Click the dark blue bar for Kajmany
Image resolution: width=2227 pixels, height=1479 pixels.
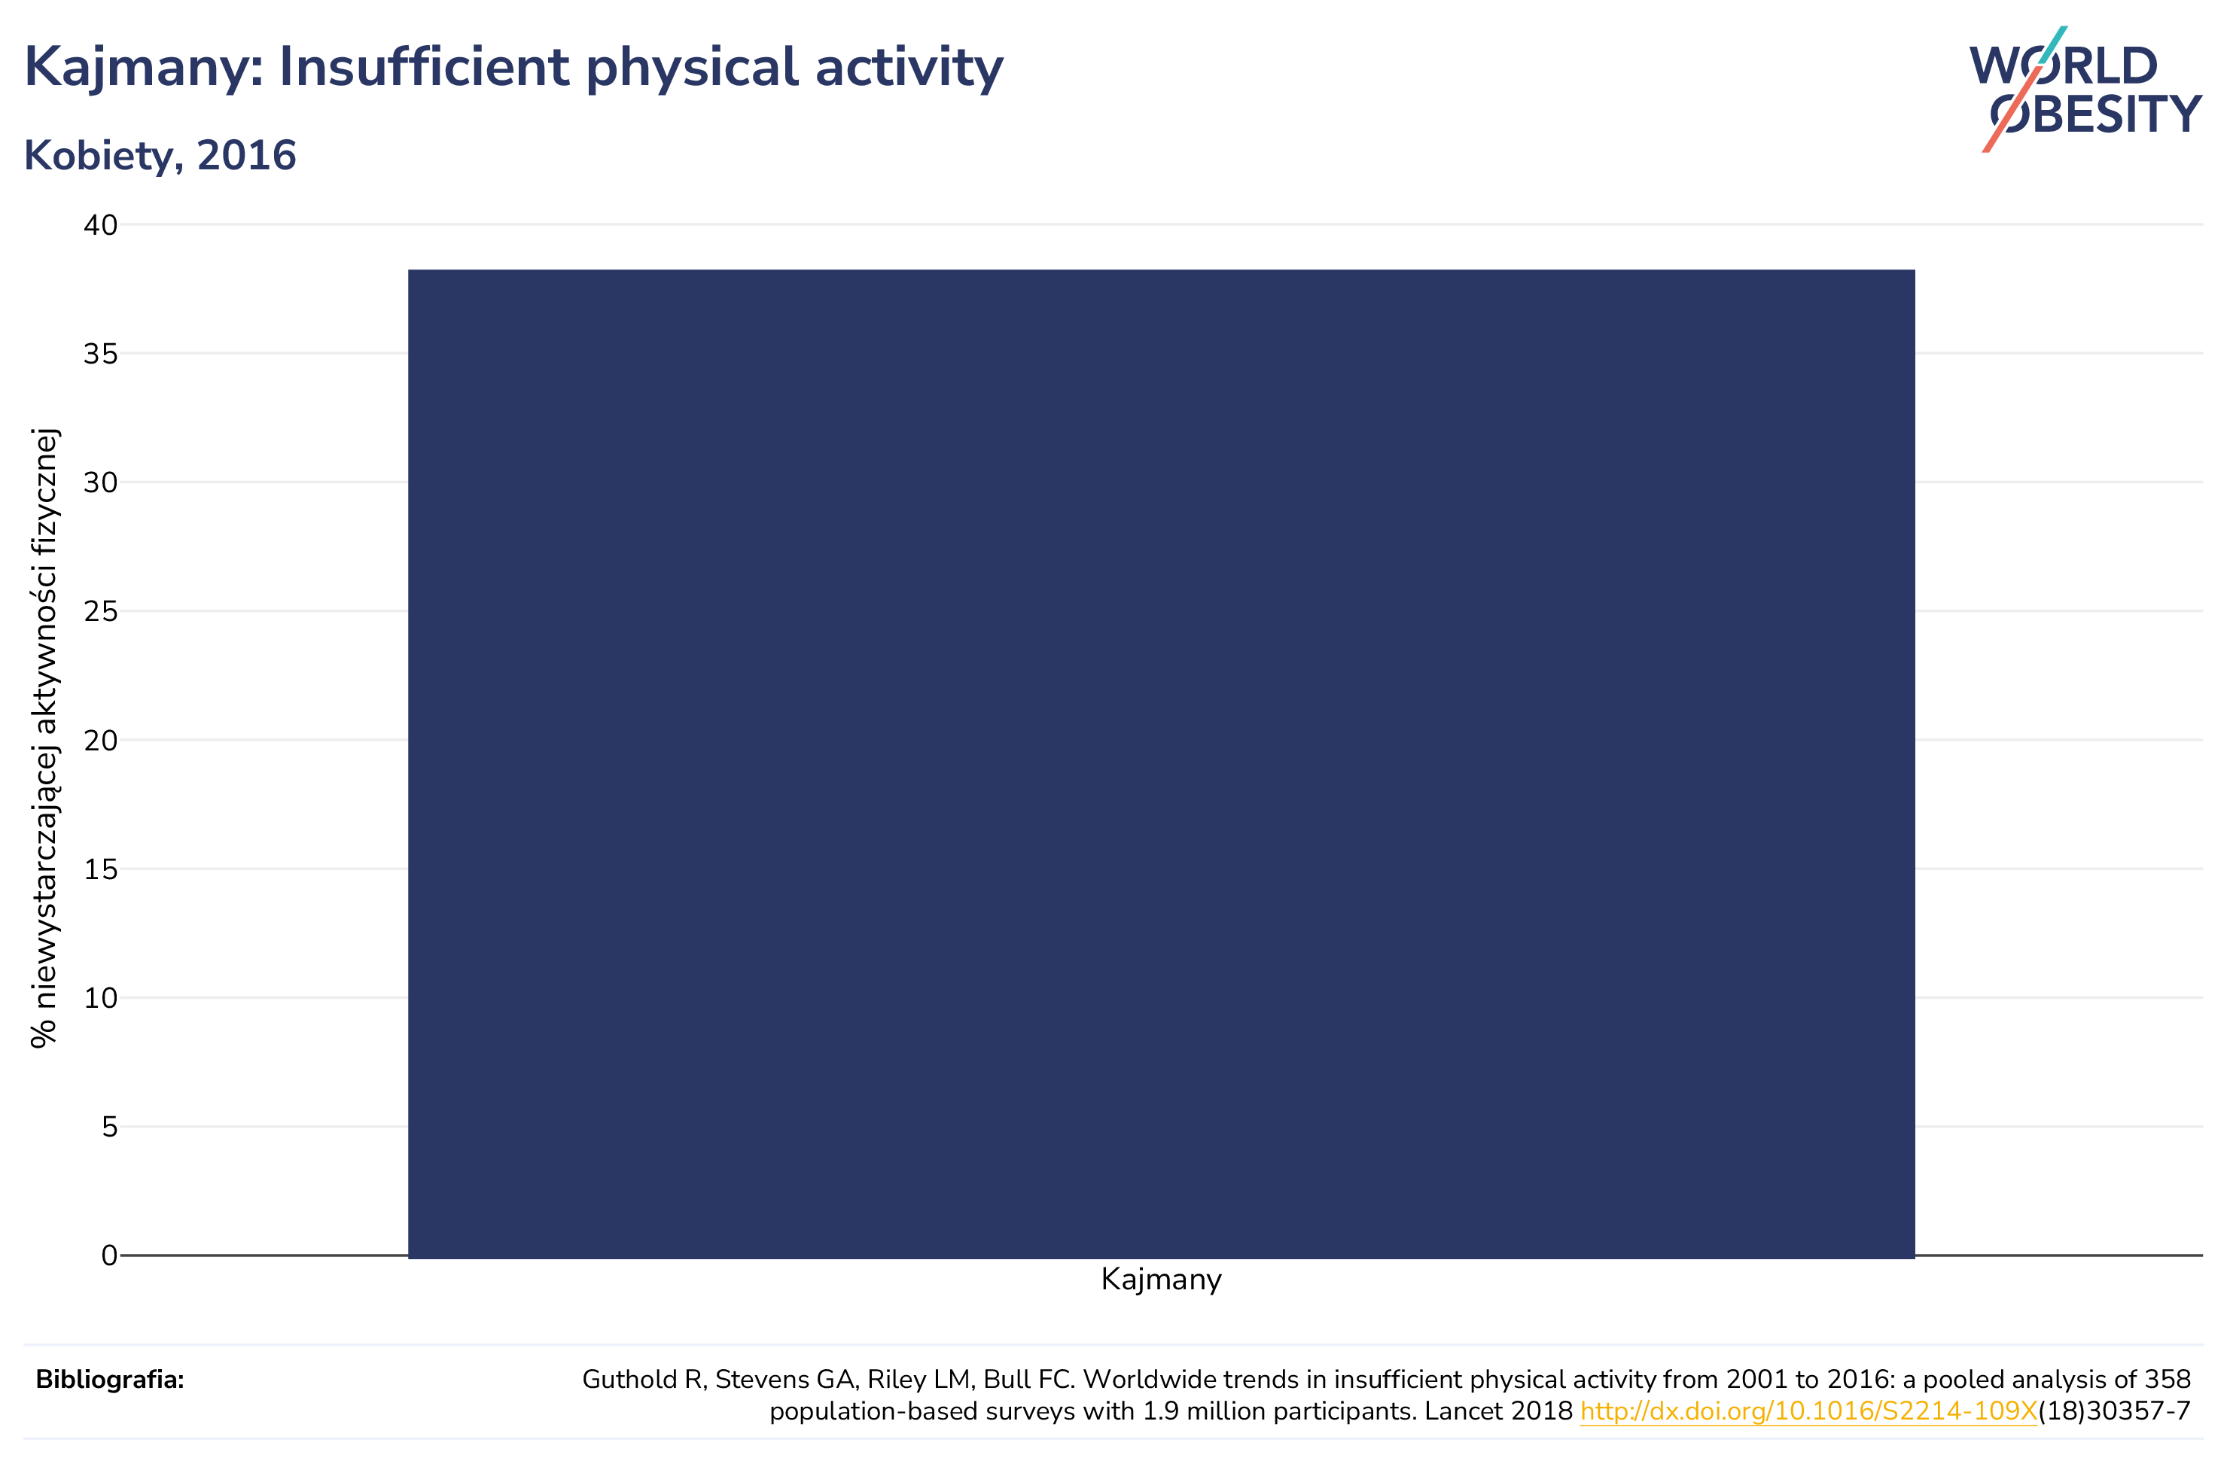[1161, 763]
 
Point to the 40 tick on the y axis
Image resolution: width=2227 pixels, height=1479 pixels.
[101, 226]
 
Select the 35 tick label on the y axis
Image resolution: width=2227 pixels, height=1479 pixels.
[101, 354]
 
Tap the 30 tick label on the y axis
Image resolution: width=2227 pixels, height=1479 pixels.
[101, 483]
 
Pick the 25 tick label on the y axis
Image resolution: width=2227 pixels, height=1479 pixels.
[101, 611]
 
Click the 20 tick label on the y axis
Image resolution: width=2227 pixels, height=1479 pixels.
[101, 741]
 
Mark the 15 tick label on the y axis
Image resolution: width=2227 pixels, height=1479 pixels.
[101, 869]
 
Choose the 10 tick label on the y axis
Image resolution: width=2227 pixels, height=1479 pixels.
[101, 998]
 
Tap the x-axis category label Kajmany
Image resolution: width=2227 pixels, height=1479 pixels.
[1161, 1280]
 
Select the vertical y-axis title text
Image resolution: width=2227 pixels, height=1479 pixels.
[44, 738]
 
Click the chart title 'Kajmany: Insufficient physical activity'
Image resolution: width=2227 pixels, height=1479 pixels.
[514, 68]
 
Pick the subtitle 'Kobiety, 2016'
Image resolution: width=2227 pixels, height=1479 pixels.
[160, 156]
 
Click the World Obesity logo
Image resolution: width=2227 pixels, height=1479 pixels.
[2085, 90]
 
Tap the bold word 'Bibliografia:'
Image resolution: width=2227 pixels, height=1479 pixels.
[111, 1380]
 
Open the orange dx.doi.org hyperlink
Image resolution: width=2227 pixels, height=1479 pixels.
[1808, 1412]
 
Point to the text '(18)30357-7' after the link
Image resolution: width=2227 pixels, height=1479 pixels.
[2114, 1412]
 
